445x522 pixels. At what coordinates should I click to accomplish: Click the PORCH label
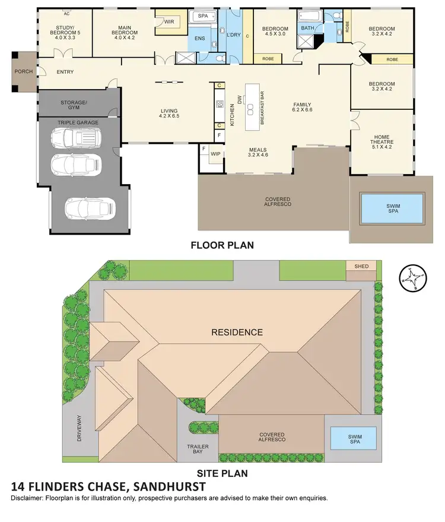coord(24,71)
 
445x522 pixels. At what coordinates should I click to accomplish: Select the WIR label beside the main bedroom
coord(169,22)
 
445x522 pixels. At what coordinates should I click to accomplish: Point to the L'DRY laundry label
coord(234,35)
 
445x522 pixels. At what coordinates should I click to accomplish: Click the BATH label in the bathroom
coord(307,28)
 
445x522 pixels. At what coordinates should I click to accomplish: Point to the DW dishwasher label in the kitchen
coord(240,102)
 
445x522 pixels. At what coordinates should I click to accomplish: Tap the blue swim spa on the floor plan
coord(393,208)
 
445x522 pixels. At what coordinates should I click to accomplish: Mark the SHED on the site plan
coord(361,266)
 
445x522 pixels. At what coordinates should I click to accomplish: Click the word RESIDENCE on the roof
coord(237,332)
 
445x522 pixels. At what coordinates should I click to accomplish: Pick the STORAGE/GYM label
coord(74,105)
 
